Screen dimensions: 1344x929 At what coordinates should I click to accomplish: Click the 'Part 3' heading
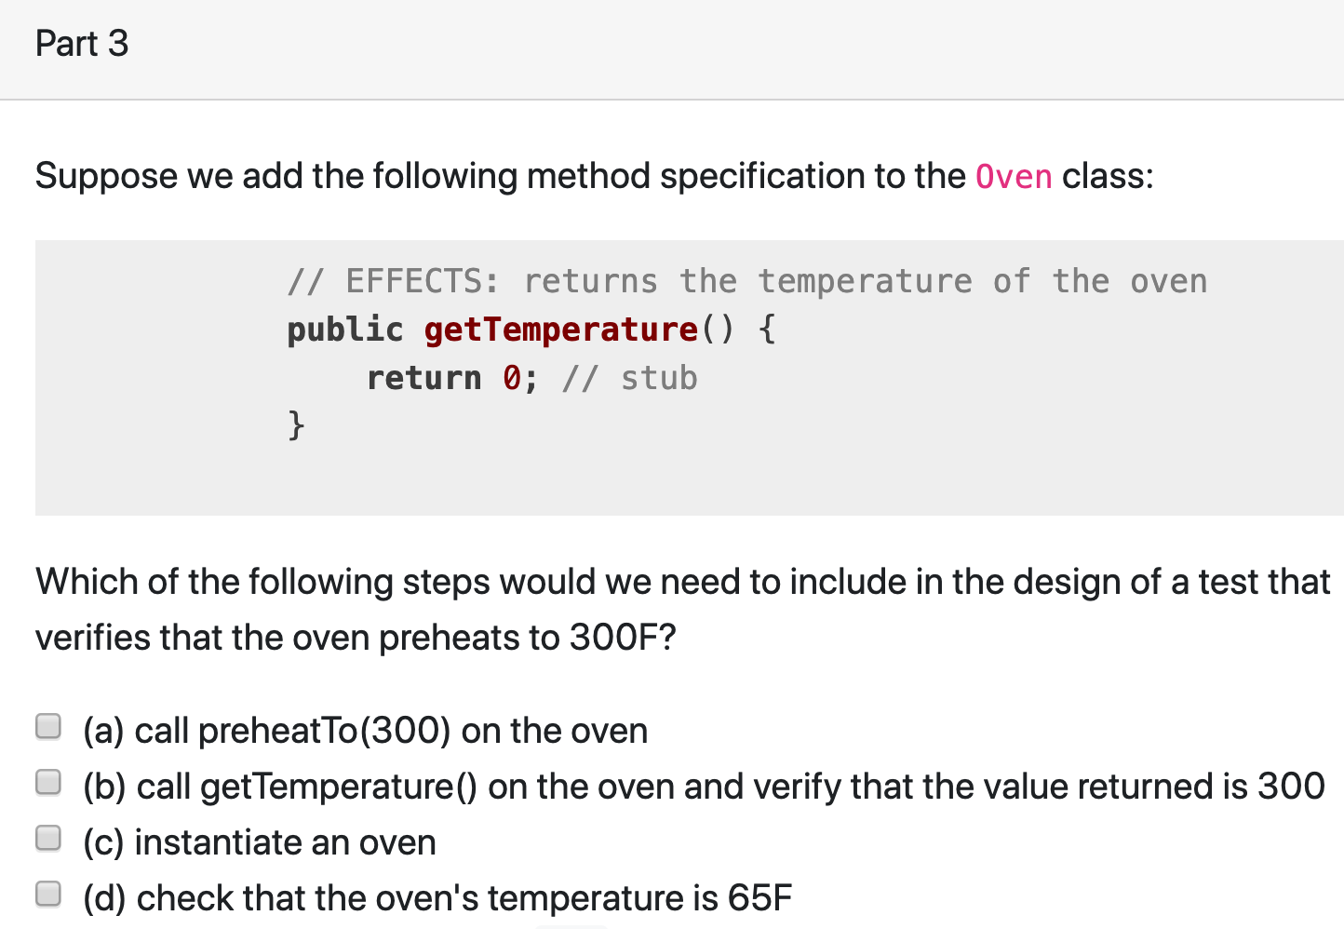[x=82, y=44]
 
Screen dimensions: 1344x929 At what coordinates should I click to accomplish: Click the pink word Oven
[x=1014, y=176]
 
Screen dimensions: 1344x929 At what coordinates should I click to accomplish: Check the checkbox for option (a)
[x=48, y=726]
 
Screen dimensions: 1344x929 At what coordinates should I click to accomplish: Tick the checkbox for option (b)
[x=48, y=783]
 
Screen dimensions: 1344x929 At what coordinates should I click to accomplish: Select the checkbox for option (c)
[x=48, y=839]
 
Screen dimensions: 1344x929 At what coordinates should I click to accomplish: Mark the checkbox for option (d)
[x=48, y=895]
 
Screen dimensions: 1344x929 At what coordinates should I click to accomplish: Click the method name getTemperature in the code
[x=561, y=330]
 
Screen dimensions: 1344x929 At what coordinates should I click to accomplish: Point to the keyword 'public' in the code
[x=344, y=330]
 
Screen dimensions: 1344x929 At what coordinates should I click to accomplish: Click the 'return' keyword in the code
[x=423, y=378]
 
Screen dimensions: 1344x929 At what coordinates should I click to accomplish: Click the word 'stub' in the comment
[x=659, y=378]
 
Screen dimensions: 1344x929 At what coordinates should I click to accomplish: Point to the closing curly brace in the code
[x=296, y=425]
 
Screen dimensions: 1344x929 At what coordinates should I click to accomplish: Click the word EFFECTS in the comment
[x=422, y=281]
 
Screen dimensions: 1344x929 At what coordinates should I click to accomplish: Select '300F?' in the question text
[x=623, y=638]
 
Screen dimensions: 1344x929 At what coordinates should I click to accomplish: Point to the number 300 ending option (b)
[x=1291, y=787]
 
